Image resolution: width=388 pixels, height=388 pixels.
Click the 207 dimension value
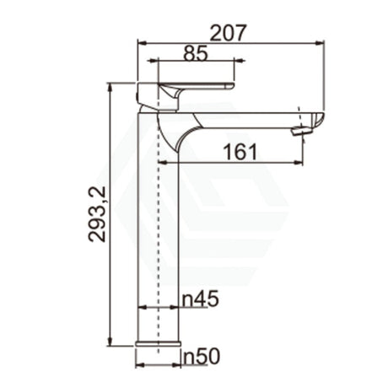click(229, 32)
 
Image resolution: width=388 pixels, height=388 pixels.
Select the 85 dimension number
click(196, 53)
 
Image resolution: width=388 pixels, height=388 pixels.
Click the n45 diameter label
click(201, 298)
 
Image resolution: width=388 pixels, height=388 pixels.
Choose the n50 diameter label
click(202, 357)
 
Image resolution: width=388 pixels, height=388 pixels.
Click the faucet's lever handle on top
click(194, 87)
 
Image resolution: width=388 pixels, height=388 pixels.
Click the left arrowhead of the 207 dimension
click(140, 41)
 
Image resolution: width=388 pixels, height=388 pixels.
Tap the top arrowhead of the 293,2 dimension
click(110, 87)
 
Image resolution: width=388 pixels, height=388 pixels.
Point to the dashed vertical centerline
click(159, 211)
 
